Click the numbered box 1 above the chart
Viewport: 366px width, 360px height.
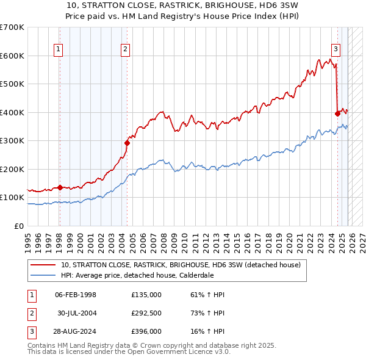[59, 50]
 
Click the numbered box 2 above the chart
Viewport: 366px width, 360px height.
[124, 50]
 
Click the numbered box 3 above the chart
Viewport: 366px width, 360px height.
[335, 50]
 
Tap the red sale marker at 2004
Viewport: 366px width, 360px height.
[127, 143]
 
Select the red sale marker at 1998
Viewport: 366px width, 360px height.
[60, 187]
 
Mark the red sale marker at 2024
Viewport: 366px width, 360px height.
[337, 113]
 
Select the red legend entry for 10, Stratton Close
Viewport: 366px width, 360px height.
[181, 265]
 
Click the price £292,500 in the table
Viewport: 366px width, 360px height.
[146, 314]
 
